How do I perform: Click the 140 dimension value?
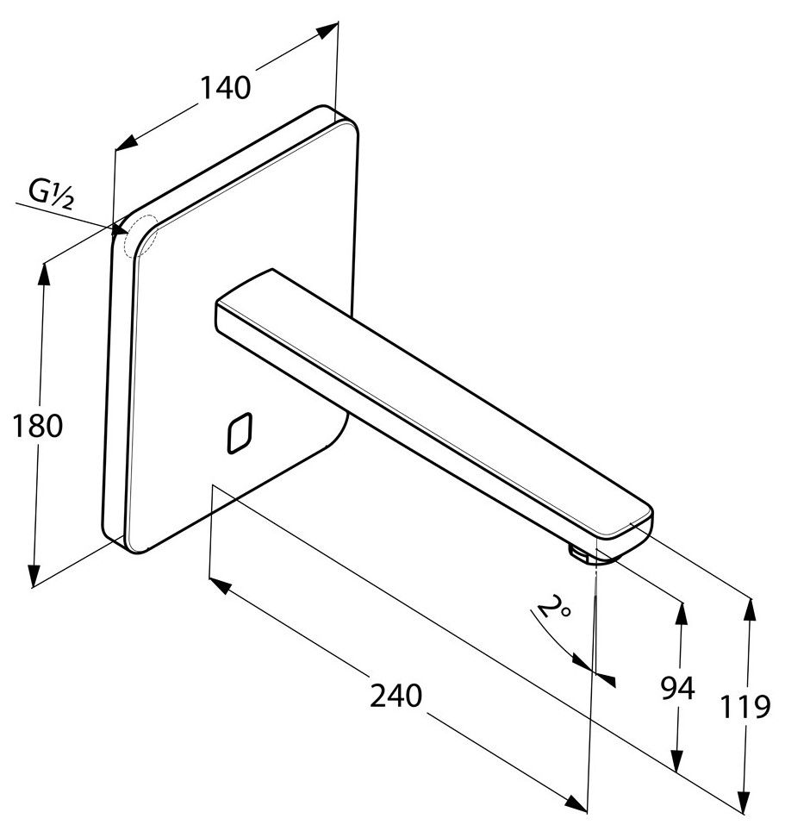pos(225,87)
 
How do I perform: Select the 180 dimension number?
pos(38,427)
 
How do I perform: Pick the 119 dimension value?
pos(745,707)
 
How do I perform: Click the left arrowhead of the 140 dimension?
pos(125,142)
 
